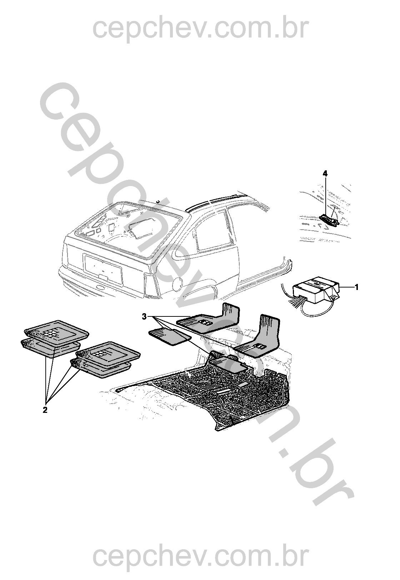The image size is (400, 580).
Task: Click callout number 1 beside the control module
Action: point(356,287)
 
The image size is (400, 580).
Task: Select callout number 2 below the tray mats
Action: point(45,410)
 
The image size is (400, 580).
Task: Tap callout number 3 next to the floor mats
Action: point(145,317)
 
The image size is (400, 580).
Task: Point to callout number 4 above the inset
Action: point(325,174)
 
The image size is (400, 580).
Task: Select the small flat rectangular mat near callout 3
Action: point(170,336)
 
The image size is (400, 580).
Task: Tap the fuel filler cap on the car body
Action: point(177,284)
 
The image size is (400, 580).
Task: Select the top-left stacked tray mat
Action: point(56,331)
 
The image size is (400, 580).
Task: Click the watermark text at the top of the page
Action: point(200,29)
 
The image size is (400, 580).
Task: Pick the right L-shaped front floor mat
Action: point(258,336)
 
